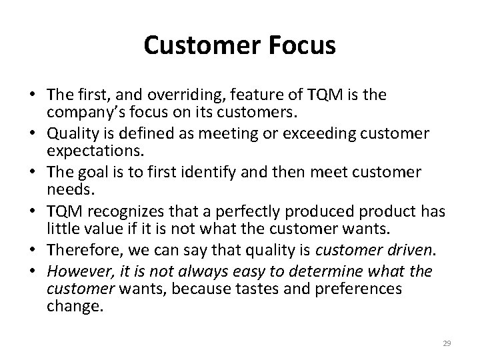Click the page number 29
[447, 343]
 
